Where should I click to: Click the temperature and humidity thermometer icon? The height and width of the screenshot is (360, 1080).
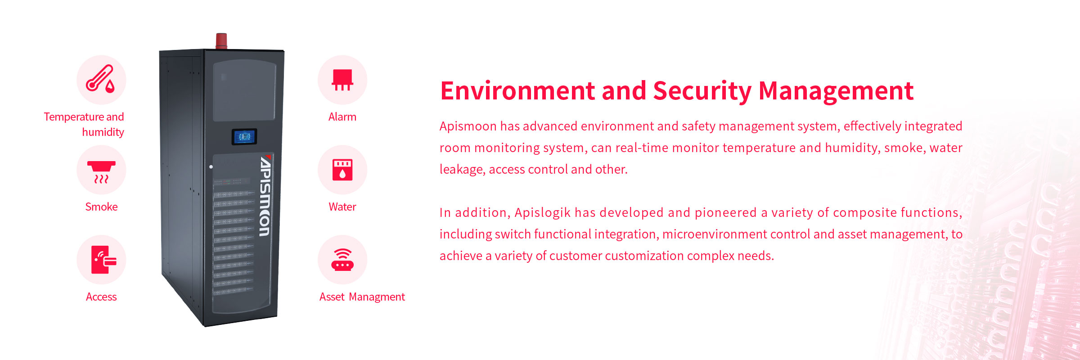point(101,80)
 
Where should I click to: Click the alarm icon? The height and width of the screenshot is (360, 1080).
point(342,80)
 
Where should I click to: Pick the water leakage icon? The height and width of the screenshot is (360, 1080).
point(342,170)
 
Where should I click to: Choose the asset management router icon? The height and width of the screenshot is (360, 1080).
point(342,260)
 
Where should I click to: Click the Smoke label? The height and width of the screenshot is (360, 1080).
point(101,207)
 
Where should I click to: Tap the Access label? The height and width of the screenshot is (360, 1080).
point(101,297)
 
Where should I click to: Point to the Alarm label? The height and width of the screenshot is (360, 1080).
point(342,117)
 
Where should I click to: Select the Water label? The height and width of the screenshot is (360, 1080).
point(342,207)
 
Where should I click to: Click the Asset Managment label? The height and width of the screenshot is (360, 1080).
point(362,297)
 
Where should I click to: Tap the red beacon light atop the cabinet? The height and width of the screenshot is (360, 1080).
point(221,40)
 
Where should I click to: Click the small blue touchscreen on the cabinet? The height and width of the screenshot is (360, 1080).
point(244,136)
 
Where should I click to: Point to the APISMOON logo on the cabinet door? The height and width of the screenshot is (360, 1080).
point(265,196)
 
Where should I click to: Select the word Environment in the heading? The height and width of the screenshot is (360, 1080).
point(517,91)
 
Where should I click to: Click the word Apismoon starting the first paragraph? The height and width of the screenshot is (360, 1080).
point(468,126)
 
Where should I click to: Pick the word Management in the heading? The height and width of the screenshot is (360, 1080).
point(836,91)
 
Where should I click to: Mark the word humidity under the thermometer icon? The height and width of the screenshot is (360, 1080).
point(103,132)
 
